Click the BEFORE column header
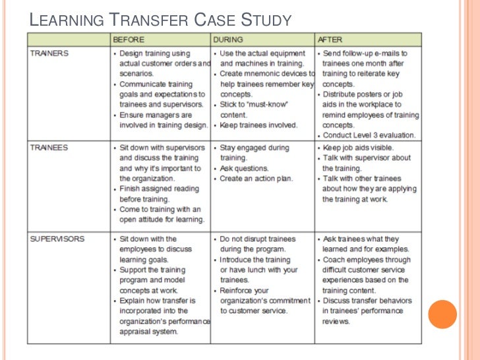point(129,40)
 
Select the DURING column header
point(228,40)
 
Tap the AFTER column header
point(329,40)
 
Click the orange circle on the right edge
point(442,314)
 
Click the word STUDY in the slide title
point(261,20)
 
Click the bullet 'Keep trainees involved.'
point(258,125)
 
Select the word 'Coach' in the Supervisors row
point(334,260)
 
